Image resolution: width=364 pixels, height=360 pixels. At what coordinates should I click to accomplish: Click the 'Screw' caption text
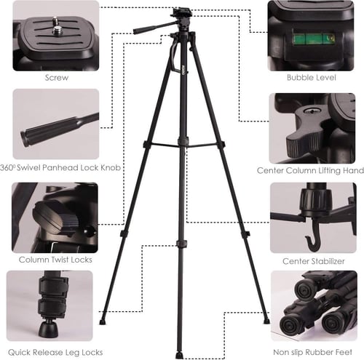pos(57,78)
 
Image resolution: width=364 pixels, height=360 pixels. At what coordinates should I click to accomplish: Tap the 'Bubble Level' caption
pos(312,78)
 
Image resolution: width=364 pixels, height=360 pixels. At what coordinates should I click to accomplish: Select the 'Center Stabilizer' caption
pos(314,261)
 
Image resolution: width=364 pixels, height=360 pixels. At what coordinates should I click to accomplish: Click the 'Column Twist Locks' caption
pos(55,260)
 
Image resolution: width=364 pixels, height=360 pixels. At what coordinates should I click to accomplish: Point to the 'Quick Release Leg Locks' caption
pos(55,352)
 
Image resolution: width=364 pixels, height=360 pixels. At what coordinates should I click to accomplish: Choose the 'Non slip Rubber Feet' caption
pos(312,352)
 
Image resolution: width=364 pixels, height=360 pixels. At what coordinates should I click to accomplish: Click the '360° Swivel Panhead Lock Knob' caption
pos(60,167)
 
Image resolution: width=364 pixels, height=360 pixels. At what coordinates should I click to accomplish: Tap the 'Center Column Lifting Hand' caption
pos(310,170)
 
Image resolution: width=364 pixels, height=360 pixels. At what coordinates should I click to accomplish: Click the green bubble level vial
pos(314,39)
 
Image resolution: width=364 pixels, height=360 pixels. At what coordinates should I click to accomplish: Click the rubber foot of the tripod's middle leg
pos(179,356)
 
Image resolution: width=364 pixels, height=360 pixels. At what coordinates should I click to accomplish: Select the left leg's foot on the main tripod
pos(103,322)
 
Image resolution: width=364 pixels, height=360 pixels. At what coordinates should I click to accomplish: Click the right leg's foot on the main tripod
pos(266,321)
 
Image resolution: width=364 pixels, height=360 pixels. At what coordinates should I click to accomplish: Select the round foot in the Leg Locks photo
pos(48,329)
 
